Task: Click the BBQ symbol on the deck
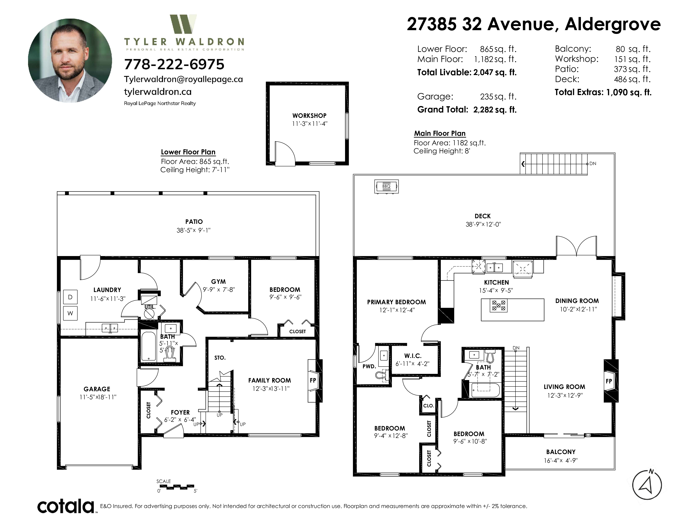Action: [x=386, y=187]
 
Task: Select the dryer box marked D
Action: [x=70, y=297]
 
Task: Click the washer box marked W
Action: [x=70, y=313]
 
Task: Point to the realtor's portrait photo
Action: [x=70, y=61]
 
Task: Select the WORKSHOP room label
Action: [x=309, y=116]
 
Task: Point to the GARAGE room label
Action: [x=97, y=389]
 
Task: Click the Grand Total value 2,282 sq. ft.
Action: [x=495, y=110]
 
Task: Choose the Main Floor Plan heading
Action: [x=440, y=133]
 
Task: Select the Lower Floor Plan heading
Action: [x=188, y=152]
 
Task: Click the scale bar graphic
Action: [x=176, y=486]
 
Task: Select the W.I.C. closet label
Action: [x=413, y=356]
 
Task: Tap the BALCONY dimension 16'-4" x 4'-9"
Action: [x=561, y=460]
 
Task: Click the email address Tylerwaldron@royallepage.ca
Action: [x=183, y=79]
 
